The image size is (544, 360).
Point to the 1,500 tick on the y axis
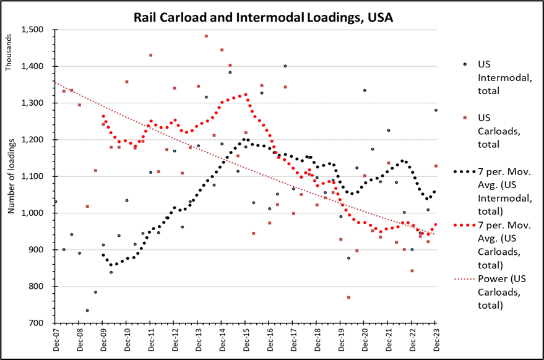pyautogui.click(x=33, y=30)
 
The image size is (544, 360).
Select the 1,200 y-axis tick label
pyautogui.click(x=33, y=140)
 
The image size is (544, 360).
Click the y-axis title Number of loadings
pyautogui.click(x=11, y=176)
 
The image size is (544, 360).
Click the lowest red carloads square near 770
pyautogui.click(x=349, y=298)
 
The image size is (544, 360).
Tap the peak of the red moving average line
pyautogui.click(x=246, y=95)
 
